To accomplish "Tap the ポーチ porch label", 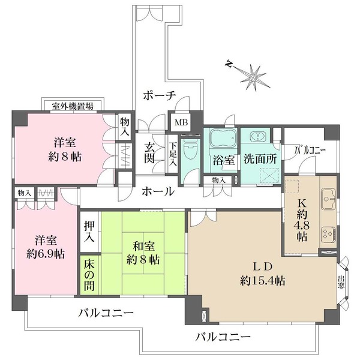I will pyautogui.click(x=159, y=95).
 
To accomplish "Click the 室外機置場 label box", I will pyautogui.click(x=72, y=106).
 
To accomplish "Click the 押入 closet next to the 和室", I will pyautogui.click(x=89, y=230).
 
